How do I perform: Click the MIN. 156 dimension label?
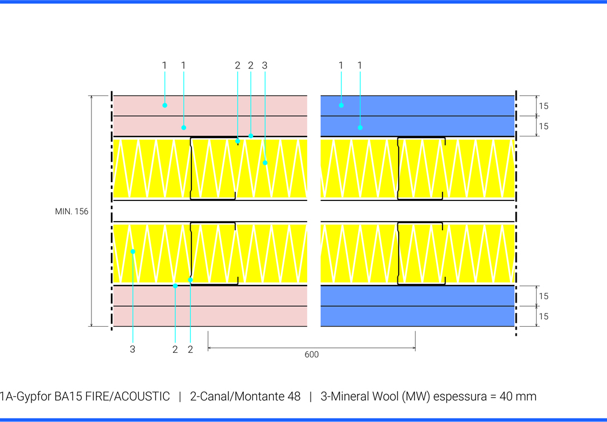(x=71, y=212)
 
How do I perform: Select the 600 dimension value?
(x=311, y=355)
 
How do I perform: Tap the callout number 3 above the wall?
(x=264, y=66)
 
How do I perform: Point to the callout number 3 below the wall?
(x=132, y=349)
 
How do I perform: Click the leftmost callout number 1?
(x=164, y=66)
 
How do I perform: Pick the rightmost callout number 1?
(x=360, y=66)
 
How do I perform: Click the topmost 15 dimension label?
(x=544, y=106)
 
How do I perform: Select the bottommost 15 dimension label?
(x=544, y=316)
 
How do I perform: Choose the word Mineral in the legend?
(x=348, y=396)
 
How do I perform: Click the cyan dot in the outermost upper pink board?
(x=164, y=105)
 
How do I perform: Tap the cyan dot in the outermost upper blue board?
(x=341, y=105)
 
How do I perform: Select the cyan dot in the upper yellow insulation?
(x=265, y=163)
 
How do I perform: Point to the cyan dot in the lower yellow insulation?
(x=132, y=251)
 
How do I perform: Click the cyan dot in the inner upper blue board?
(x=360, y=127)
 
